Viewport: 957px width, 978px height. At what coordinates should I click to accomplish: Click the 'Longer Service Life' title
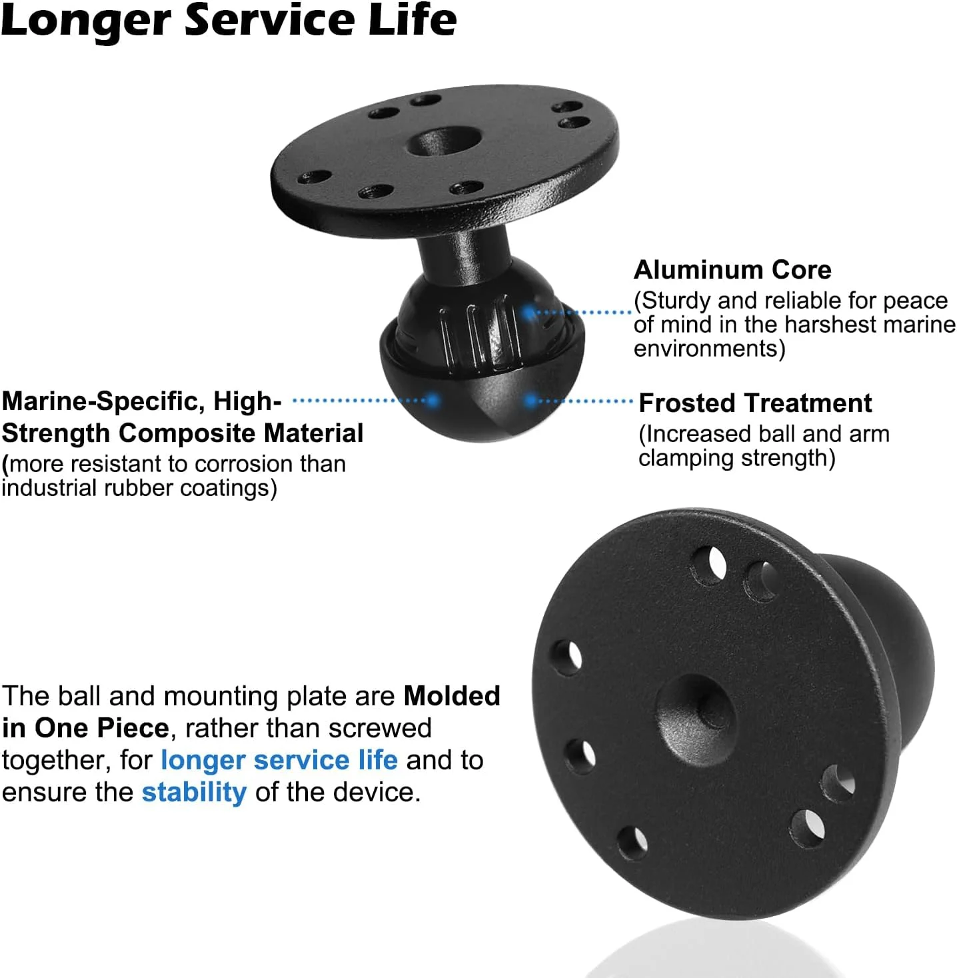coord(229,21)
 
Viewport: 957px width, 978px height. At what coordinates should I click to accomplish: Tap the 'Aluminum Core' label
coord(732,269)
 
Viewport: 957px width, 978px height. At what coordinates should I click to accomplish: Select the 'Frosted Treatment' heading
coord(755,403)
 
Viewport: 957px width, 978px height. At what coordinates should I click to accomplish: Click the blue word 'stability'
coord(195,792)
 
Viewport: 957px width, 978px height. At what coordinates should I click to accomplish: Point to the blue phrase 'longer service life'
coord(279,760)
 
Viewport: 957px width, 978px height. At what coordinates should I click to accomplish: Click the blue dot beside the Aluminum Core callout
coord(528,313)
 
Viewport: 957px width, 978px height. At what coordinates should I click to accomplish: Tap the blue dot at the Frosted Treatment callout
coord(530,401)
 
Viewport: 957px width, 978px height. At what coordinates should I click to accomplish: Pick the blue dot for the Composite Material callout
coord(433,401)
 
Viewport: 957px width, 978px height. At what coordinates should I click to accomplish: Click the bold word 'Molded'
coord(452,696)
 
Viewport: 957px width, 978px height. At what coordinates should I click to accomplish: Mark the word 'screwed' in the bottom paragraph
coord(380,728)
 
